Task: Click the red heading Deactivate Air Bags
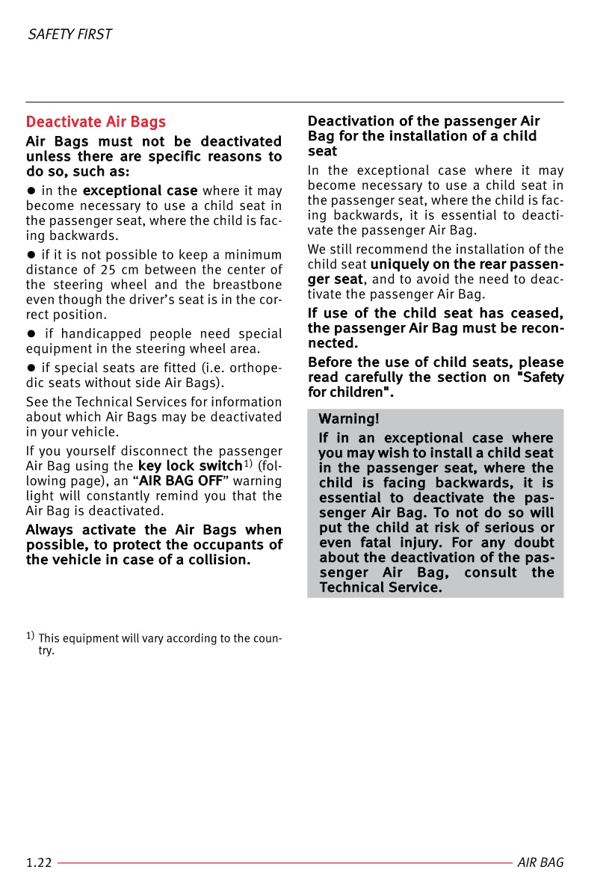coord(96,122)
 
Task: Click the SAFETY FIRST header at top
coord(69,34)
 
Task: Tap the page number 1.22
coord(39,862)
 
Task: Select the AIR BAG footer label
coord(540,862)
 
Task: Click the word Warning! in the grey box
coord(349,418)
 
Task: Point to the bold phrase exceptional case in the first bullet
coord(140,191)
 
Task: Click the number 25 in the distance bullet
coord(108,270)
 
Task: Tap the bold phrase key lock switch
coord(190,466)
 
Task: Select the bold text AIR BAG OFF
coord(181,480)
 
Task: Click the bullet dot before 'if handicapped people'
coord(31,334)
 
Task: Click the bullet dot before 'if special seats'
coord(31,368)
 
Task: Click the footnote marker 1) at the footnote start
coord(30,637)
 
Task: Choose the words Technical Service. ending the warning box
coord(380,587)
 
